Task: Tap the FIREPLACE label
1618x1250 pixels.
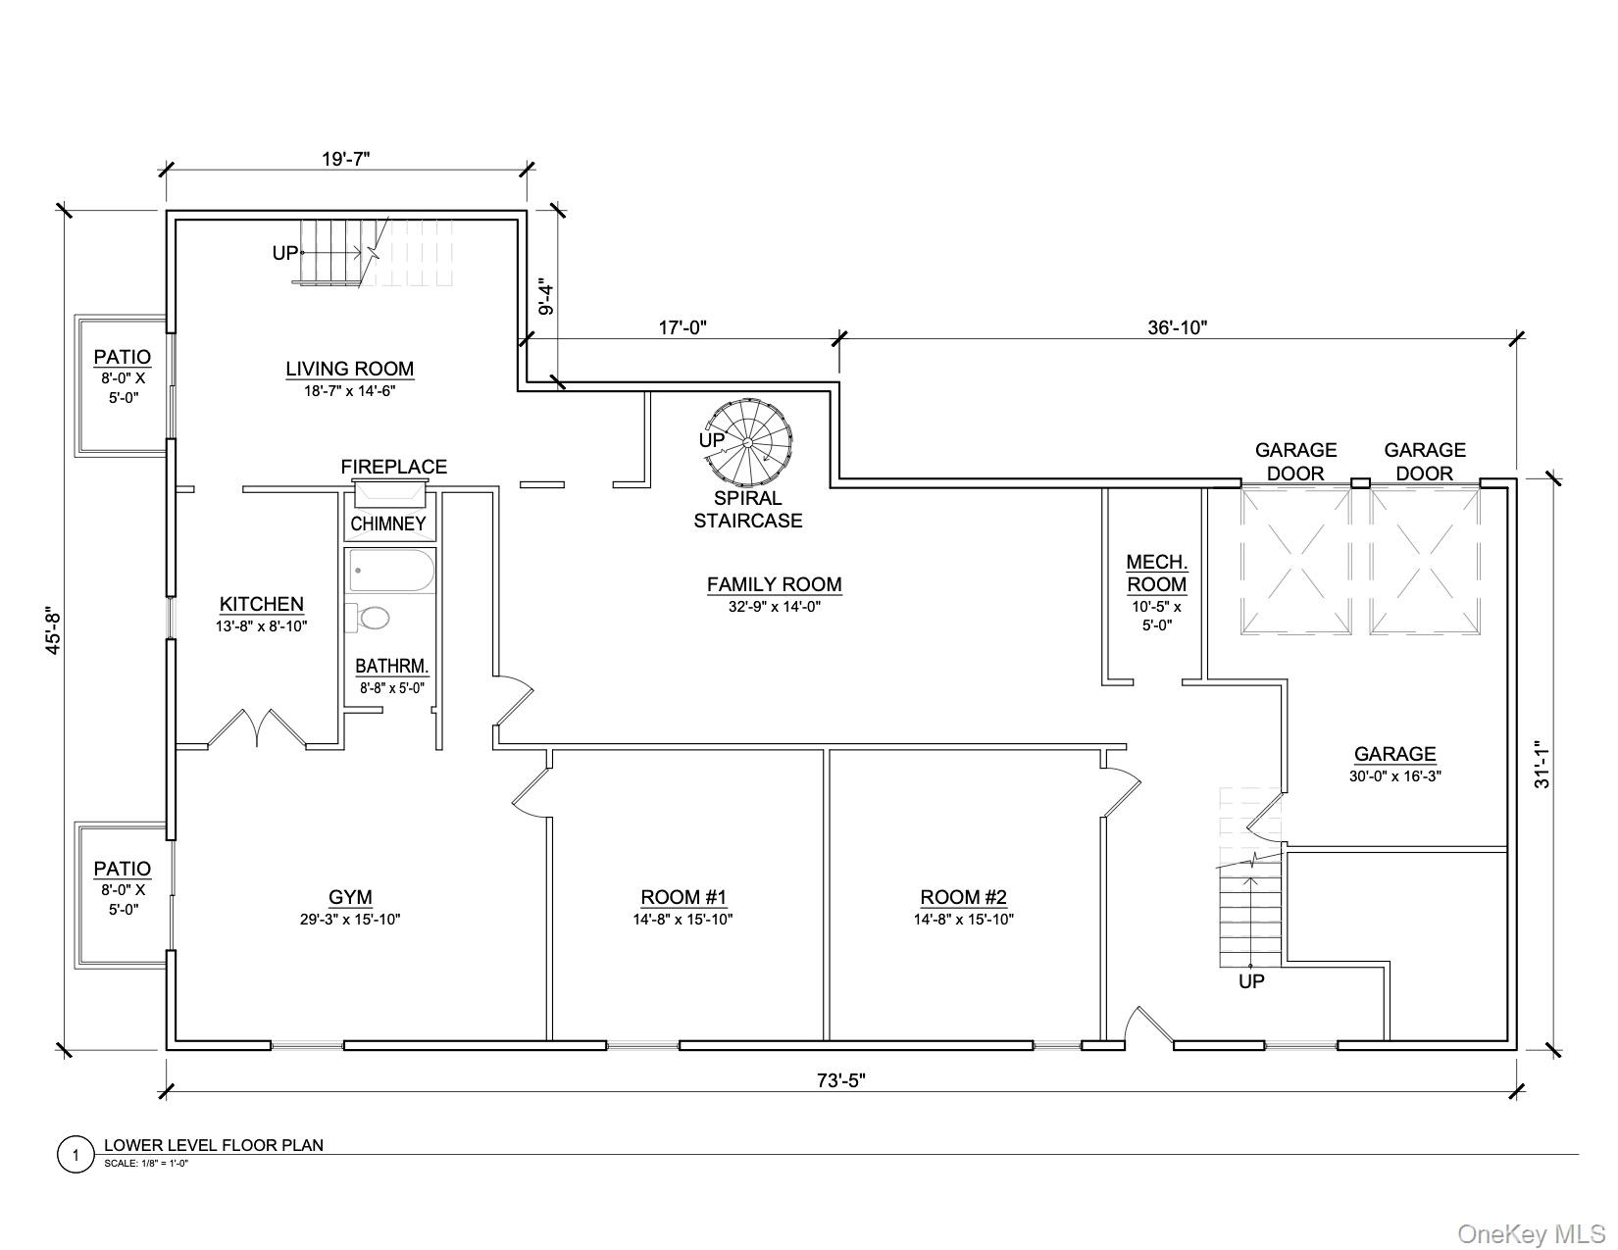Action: click(x=393, y=467)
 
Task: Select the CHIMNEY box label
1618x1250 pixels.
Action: click(x=388, y=524)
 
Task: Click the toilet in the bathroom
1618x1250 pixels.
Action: click(x=370, y=618)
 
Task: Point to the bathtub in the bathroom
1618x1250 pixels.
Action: click(x=390, y=571)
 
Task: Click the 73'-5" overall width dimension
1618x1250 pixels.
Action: click(x=841, y=1080)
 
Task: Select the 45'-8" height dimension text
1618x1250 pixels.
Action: click(x=54, y=630)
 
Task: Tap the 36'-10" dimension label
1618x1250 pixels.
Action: click(x=1177, y=327)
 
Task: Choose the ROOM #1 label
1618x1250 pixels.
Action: click(x=683, y=897)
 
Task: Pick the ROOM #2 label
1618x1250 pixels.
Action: click(x=963, y=897)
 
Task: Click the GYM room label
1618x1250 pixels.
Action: click(x=350, y=897)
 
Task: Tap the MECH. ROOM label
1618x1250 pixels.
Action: click(x=1157, y=574)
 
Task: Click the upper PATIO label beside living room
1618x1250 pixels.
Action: click(x=123, y=357)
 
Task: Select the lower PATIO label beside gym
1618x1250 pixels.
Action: click(x=123, y=869)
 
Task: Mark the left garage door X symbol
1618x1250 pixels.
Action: click(x=1296, y=562)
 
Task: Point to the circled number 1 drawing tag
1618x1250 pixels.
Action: click(x=76, y=1155)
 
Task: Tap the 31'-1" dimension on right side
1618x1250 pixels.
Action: click(x=1543, y=764)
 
